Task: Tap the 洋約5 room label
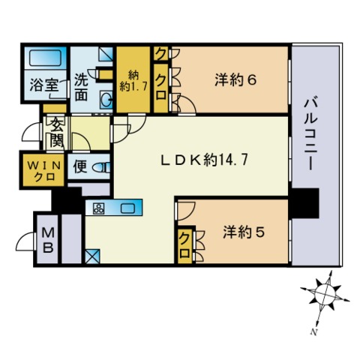tap(244, 232)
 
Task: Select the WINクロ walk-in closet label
tap(42, 170)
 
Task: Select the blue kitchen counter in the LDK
tap(114, 208)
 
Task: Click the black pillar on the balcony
tap(304, 202)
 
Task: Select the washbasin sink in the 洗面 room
tap(106, 98)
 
